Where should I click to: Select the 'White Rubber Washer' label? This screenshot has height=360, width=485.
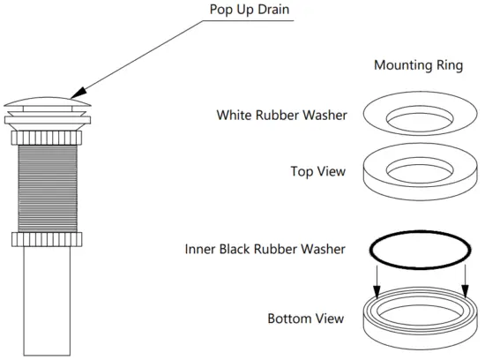click(x=280, y=115)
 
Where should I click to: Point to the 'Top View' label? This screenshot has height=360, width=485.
click(x=317, y=171)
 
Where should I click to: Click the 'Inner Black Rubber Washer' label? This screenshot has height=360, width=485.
click(x=265, y=249)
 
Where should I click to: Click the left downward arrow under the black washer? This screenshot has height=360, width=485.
click(x=377, y=282)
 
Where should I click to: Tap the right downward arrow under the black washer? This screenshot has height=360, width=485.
click(x=464, y=282)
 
